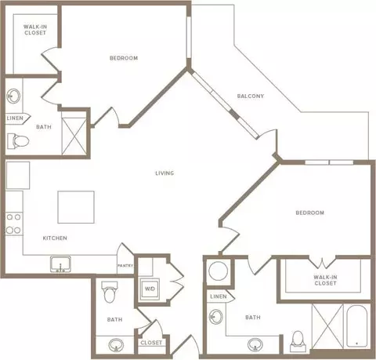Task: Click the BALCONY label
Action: tap(251, 96)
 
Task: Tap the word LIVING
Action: tap(164, 173)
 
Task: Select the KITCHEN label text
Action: tap(55, 238)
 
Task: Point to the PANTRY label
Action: tap(125, 266)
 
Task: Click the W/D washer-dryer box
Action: tap(150, 289)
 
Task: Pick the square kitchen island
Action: tap(76, 207)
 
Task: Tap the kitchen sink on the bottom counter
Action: tap(60, 264)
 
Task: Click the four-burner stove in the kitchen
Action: tap(14, 224)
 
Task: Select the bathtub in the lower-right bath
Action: tap(357, 326)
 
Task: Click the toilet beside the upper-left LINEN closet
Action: tap(18, 141)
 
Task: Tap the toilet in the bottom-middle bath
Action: tap(110, 292)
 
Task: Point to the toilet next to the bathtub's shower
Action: tap(298, 341)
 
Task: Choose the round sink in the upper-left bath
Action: tap(13, 96)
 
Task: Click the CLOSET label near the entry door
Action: tap(151, 343)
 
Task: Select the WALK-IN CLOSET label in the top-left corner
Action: tap(35, 30)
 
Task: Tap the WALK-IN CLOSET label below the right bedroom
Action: tap(325, 280)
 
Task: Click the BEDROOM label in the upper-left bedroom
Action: tap(124, 58)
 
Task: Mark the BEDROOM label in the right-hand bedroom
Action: tap(310, 213)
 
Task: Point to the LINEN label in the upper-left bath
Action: tap(15, 118)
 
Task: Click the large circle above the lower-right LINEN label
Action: tap(219, 271)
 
